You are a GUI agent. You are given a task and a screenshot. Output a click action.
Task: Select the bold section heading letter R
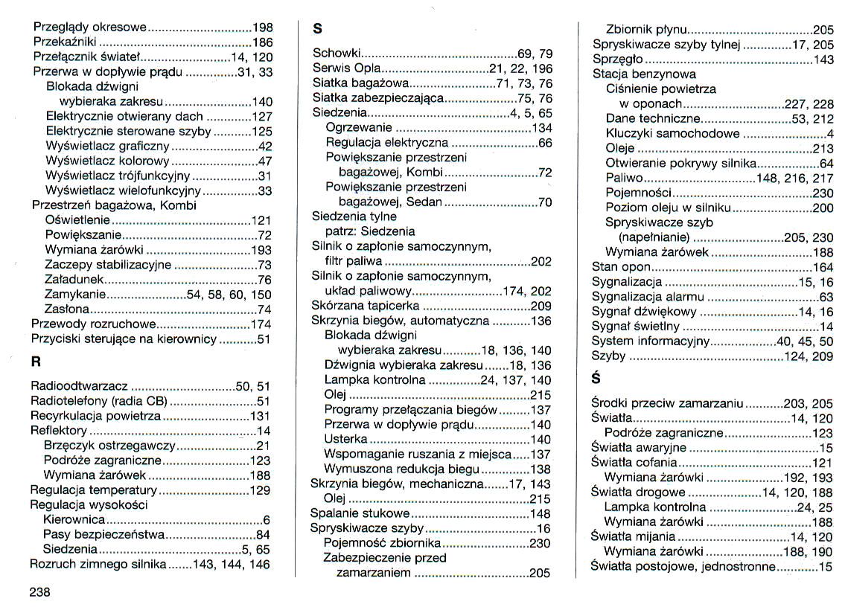[x=36, y=363]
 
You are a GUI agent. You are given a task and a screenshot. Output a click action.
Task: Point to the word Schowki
[x=337, y=54]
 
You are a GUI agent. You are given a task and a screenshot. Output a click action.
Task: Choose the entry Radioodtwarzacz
[x=80, y=386]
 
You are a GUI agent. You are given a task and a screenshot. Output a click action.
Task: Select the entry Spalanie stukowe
[x=360, y=513]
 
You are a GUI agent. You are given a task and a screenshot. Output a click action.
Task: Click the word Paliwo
[x=624, y=179]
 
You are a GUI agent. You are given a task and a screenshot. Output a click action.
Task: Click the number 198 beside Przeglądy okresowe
[x=263, y=28]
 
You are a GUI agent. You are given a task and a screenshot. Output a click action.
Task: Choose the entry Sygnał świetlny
[x=635, y=327]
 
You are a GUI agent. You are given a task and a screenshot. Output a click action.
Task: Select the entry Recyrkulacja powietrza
[x=95, y=416]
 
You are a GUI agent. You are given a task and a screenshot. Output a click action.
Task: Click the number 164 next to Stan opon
[x=823, y=267]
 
